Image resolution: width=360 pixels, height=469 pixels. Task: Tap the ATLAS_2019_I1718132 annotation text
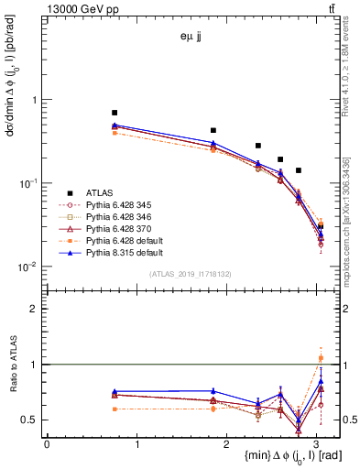192,274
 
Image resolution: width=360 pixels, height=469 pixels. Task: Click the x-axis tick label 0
47,443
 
